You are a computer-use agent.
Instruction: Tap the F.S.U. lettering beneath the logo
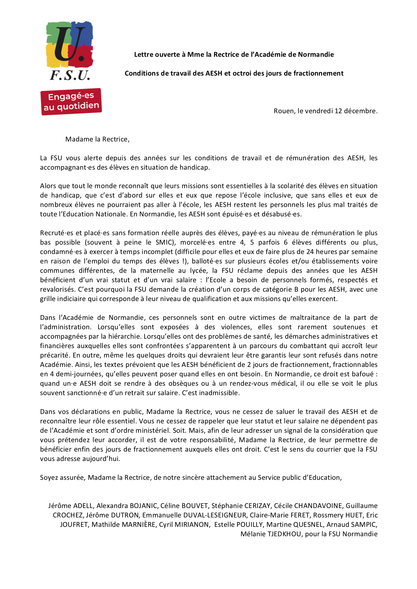70,75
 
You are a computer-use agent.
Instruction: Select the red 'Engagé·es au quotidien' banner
71,101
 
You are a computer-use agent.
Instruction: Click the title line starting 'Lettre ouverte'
234,54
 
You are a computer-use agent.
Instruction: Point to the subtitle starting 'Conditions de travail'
234,73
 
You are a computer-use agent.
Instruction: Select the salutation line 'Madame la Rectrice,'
97,139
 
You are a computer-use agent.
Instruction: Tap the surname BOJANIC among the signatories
143,506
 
